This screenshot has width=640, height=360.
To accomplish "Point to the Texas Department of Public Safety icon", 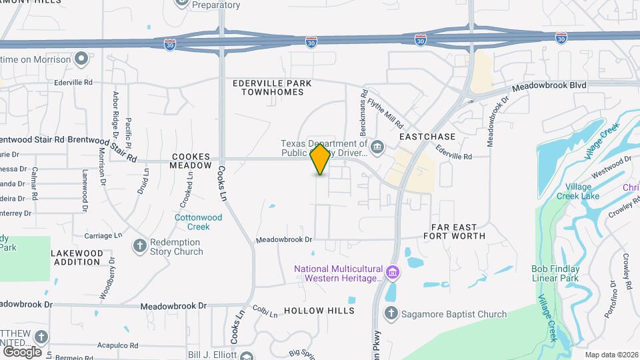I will click(377, 147).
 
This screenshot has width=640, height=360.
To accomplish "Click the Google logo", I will click(22, 351).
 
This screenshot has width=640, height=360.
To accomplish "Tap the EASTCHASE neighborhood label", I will click(427, 136).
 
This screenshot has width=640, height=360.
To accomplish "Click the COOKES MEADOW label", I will click(191, 160).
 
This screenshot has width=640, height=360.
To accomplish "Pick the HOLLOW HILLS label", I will click(319, 311).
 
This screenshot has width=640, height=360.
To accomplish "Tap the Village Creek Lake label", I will click(582, 191).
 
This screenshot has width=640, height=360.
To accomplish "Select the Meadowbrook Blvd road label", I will click(549, 87).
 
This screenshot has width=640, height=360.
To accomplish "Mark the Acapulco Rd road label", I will click(117, 346).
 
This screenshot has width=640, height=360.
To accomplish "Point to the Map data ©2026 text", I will click(611, 355).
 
